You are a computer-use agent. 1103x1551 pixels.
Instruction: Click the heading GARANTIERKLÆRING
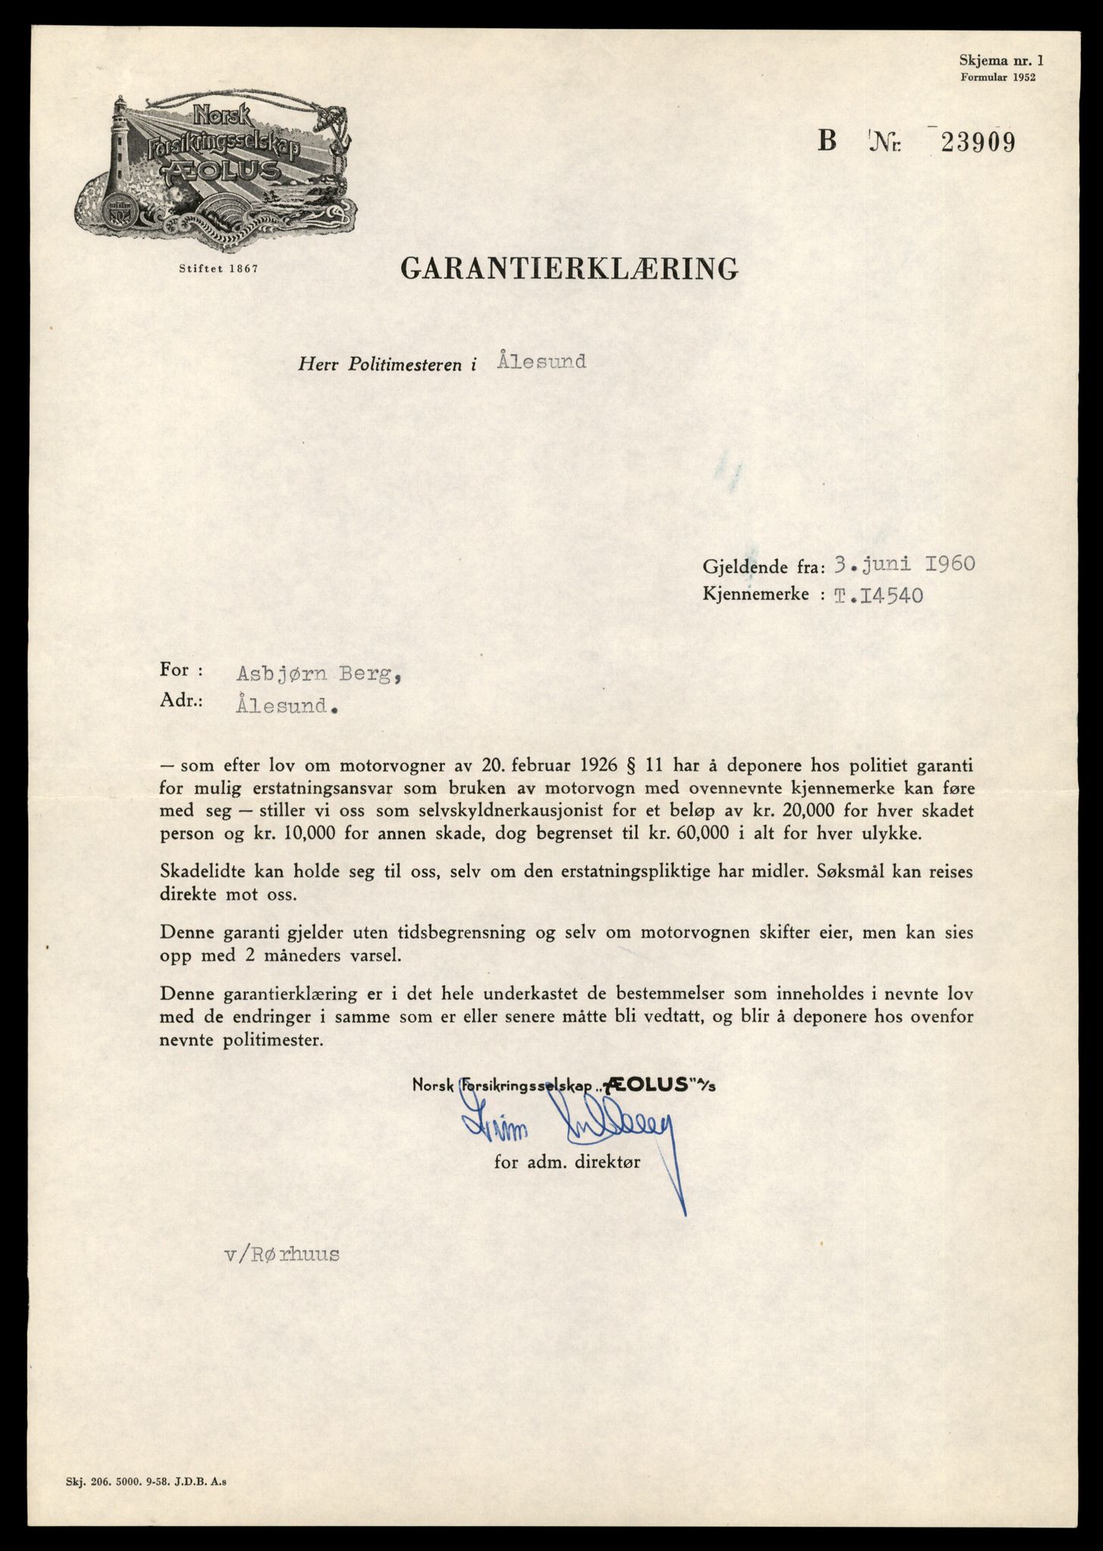tap(569, 268)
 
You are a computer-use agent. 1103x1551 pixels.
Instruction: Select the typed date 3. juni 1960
tap(902, 563)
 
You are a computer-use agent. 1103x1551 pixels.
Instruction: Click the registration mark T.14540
tap(877, 594)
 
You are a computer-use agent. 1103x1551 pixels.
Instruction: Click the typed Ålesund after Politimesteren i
tap(542, 361)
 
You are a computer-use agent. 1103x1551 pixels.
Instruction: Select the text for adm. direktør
tap(567, 1162)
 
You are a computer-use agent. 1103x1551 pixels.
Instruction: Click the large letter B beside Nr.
tap(827, 142)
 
